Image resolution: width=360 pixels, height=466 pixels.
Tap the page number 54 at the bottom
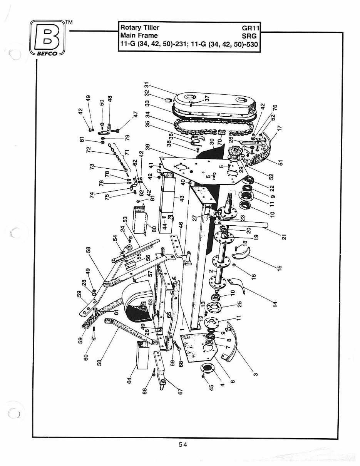[x=183, y=445]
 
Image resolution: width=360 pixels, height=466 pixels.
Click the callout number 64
[x=130, y=381]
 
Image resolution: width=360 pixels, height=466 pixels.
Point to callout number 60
[x=86, y=354]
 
